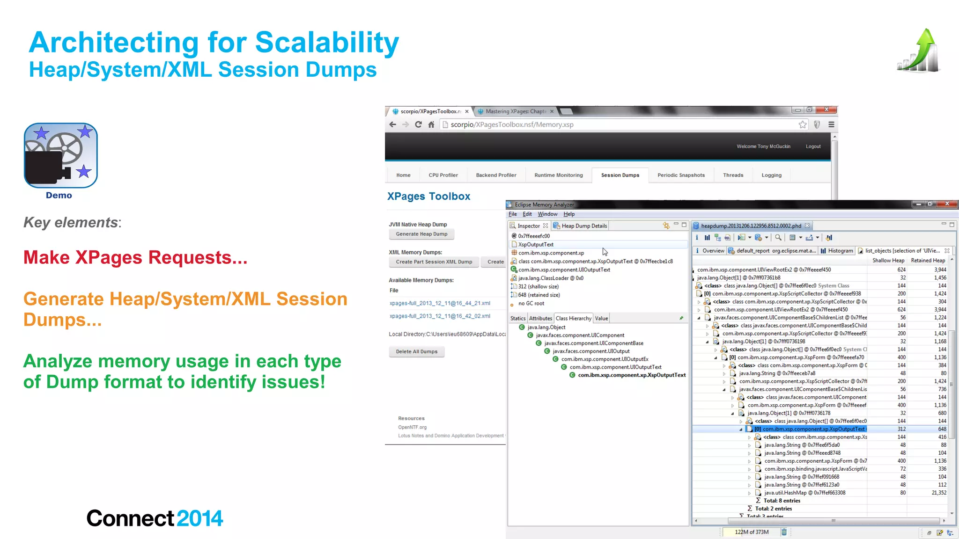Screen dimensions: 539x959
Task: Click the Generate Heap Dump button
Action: [421, 234]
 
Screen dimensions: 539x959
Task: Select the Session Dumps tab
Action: [620, 175]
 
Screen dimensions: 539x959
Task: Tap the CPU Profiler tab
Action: [443, 175]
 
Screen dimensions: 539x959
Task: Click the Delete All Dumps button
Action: [416, 351]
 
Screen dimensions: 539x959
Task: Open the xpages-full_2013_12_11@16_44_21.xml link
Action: [440, 303]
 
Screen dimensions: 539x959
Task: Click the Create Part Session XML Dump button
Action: [434, 262]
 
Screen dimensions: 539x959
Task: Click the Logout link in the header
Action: [813, 146]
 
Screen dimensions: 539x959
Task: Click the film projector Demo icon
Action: [60, 156]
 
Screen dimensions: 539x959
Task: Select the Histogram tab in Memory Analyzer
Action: [840, 251]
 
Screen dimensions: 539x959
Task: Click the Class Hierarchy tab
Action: [573, 319]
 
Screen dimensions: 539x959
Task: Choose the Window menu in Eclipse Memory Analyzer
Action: [547, 214]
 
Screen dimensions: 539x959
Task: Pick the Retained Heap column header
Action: [928, 261]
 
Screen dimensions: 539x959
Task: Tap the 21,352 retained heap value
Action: [938, 493]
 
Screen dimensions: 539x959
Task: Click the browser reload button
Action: [418, 124]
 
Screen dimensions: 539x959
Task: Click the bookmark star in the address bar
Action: [803, 124]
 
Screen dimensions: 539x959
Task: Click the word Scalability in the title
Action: [327, 43]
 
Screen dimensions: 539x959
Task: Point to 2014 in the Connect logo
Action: [200, 518]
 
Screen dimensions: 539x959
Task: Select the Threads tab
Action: [733, 175]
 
